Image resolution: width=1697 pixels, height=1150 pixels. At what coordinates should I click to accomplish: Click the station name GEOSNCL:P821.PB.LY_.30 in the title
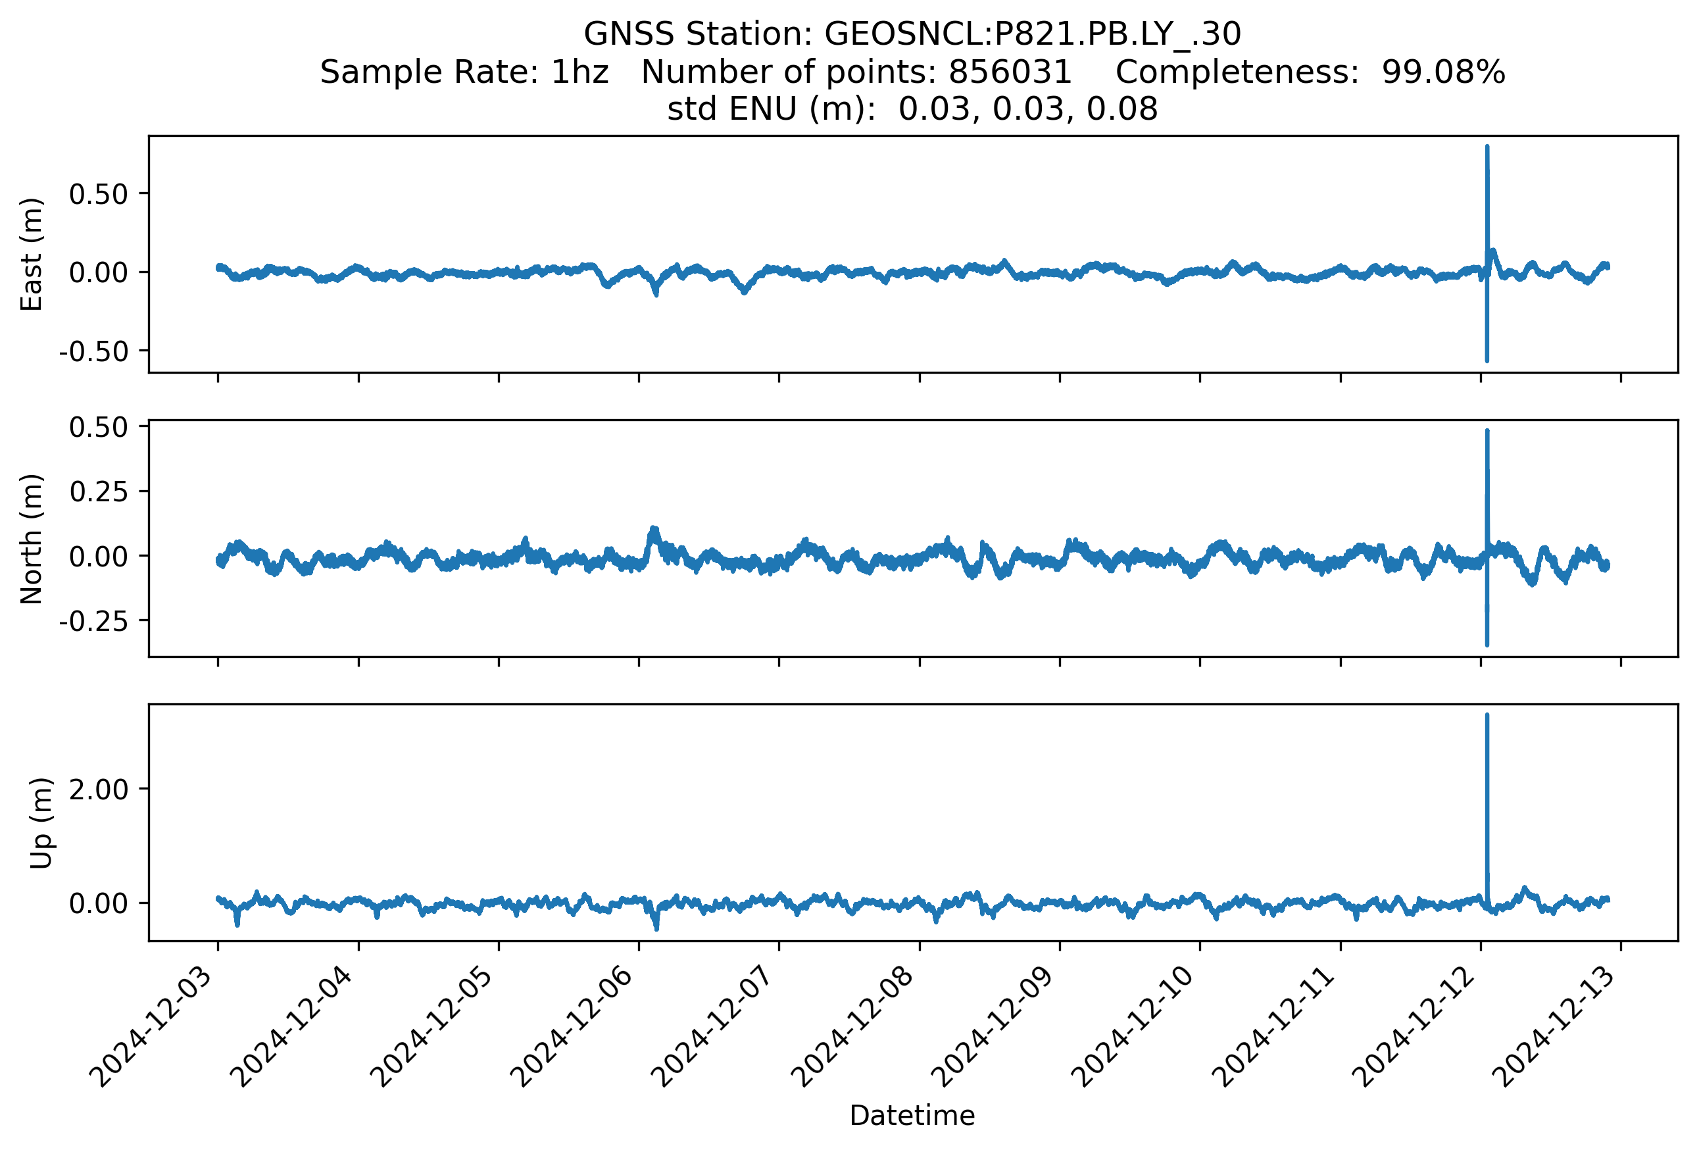1032,34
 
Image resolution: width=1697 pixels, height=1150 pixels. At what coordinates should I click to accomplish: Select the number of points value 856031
1009,72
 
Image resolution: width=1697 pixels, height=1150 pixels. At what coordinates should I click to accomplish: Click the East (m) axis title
32,254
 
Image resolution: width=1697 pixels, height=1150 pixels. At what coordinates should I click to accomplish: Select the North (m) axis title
32,539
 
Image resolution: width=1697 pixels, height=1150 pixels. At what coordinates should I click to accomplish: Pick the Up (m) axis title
41,823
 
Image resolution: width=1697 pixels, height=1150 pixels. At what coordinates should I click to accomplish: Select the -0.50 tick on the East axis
93,352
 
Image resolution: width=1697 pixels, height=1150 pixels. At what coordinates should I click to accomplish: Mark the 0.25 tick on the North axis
99,492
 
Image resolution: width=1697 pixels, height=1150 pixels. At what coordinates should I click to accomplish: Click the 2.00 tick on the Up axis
99,789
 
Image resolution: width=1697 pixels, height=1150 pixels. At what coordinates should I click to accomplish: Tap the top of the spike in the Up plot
1487,716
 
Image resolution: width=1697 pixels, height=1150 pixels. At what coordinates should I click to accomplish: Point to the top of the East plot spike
1487,147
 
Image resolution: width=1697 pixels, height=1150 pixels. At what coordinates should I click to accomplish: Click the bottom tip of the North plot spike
1487,644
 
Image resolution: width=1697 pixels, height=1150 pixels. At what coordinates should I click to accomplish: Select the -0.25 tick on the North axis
93,621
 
